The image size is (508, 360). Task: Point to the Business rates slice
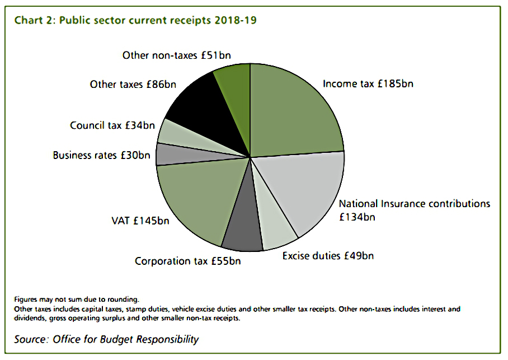[181, 155]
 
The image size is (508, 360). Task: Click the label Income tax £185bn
[368, 84]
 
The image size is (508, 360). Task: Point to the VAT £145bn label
[140, 221]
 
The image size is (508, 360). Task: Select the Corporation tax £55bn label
[187, 261]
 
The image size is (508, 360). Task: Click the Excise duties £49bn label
[328, 256]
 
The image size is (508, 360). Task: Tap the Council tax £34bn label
[112, 125]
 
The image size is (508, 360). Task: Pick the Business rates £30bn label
[101, 155]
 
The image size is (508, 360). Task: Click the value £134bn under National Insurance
[357, 217]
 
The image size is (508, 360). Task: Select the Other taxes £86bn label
[133, 85]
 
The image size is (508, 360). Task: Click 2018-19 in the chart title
[236, 20]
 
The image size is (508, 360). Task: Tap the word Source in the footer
[31, 339]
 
